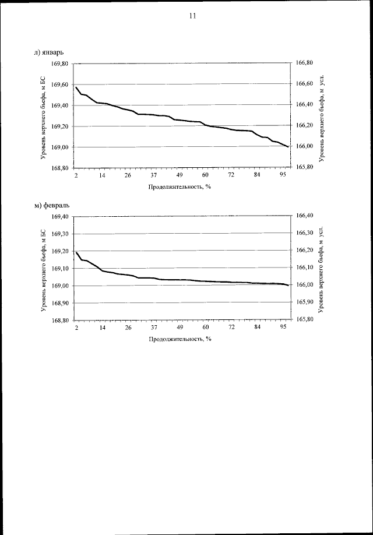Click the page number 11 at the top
[192, 16]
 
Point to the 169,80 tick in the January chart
[61, 64]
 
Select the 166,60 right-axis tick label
[305, 84]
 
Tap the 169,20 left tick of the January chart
[61, 126]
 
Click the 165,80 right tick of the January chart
[305, 167]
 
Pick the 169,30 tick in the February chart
[61, 234]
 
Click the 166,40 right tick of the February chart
[305, 216]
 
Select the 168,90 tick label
[61, 303]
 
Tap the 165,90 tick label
[305, 302]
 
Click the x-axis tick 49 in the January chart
[180, 175]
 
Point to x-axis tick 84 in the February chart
[256, 328]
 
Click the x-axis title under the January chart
[179, 187]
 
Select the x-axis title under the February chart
[179, 339]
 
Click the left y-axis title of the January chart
[44, 115]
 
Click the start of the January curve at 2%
[76, 87]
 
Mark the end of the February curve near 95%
[288, 285]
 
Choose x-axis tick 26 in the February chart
[128, 328]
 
